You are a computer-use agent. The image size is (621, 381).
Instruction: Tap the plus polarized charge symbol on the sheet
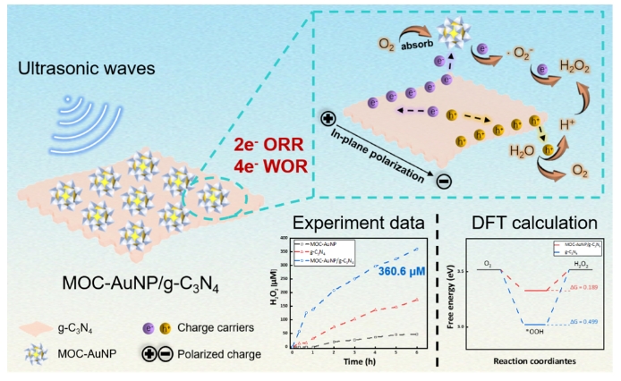pos(328,116)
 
